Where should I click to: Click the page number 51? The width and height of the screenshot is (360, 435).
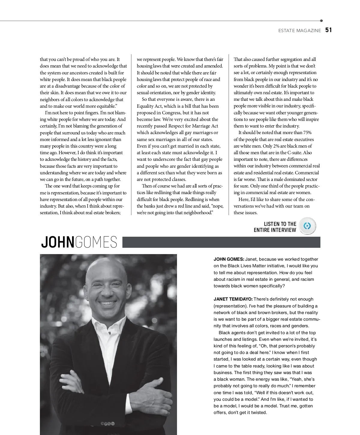(x=328, y=30)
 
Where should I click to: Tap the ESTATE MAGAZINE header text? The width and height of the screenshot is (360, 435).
(x=299, y=31)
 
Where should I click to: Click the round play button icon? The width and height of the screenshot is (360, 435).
(x=307, y=226)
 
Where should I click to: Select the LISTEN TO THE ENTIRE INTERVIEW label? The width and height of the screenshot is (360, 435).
(x=275, y=227)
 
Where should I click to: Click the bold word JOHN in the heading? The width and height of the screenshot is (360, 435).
(x=57, y=242)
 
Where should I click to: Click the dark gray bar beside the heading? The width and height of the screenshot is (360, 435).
(x=221, y=242)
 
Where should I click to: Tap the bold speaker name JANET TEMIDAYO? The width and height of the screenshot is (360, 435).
(x=233, y=299)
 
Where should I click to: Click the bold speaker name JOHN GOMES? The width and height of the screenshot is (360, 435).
(x=229, y=259)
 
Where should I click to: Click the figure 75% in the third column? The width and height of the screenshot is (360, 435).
(x=307, y=133)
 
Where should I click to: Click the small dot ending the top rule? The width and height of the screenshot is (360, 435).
(x=321, y=21)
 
